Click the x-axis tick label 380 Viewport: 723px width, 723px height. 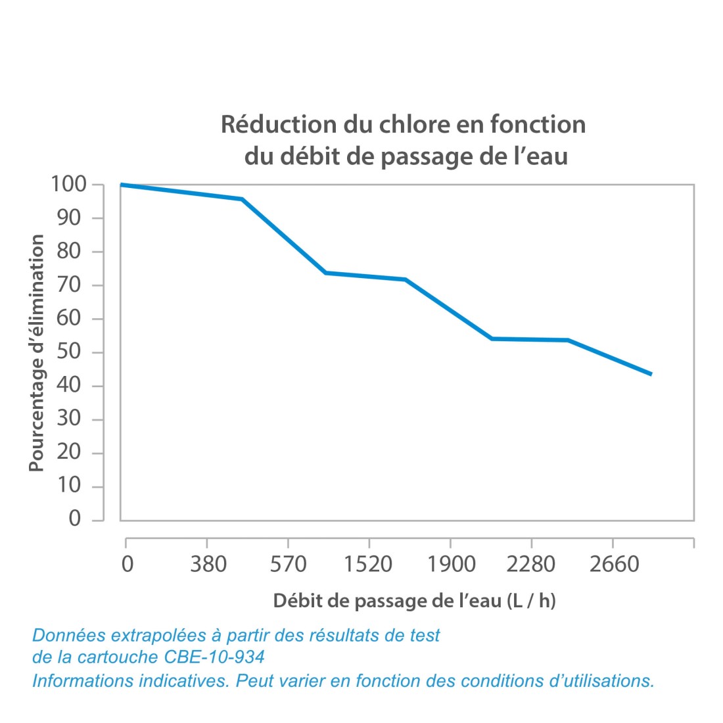pyautogui.click(x=208, y=565)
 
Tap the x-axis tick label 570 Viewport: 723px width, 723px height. pyautogui.click(x=289, y=565)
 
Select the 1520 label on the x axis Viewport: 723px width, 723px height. pyautogui.click(x=369, y=565)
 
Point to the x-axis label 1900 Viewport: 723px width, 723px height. pyautogui.click(x=451, y=565)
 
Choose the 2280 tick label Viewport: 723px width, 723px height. pyautogui.click(x=531, y=565)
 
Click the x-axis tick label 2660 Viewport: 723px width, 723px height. pyautogui.click(x=613, y=565)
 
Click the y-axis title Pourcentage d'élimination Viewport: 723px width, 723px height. pyautogui.click(x=37, y=353)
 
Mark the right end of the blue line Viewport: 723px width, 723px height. pyautogui.click(x=651, y=374)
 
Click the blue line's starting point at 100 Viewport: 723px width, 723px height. pyautogui.click(x=122, y=185)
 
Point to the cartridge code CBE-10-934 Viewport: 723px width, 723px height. pyautogui.click(x=208, y=657)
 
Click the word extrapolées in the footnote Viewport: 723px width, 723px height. pyautogui.click(x=158, y=636)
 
